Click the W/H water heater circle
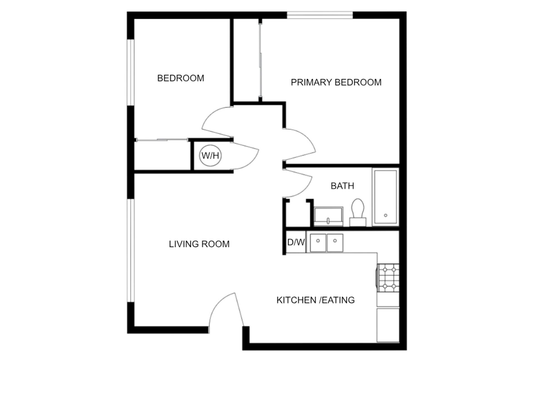(210, 156)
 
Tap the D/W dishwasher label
(296, 242)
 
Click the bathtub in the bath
(385, 197)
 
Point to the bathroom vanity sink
(328, 216)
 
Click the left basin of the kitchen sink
(318, 243)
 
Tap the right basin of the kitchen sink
(335, 243)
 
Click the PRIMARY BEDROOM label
(336, 82)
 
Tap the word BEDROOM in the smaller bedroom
(181, 78)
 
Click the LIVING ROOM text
(199, 244)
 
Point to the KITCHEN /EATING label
(315, 300)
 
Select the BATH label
(342, 186)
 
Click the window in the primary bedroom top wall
(320, 15)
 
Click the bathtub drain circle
(385, 215)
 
